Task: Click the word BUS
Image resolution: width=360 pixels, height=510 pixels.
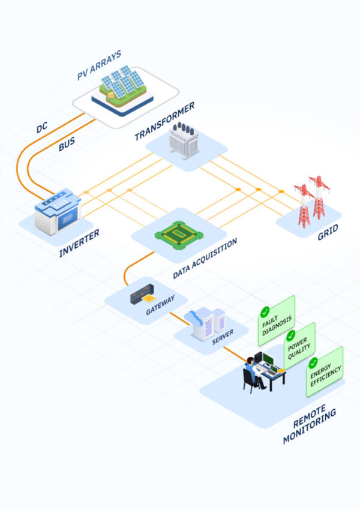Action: (x=67, y=145)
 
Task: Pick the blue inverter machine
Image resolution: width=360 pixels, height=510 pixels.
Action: (x=57, y=212)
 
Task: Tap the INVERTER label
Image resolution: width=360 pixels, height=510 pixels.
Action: (x=79, y=242)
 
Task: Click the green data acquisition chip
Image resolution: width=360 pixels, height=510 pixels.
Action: (x=179, y=233)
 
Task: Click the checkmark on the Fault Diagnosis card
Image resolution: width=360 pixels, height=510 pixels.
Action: (x=265, y=312)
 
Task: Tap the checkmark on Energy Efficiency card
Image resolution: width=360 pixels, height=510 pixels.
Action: (x=313, y=362)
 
